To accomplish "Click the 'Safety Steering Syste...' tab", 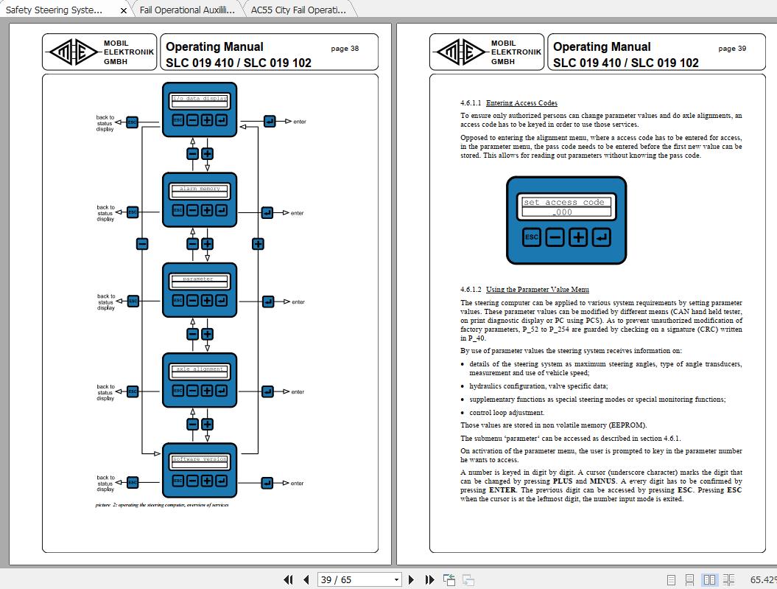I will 55,10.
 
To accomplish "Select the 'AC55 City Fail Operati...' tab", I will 298,10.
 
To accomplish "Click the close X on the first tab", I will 123,11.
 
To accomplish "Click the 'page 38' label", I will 345,49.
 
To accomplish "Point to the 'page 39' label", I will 732,49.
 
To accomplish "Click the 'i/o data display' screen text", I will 200,98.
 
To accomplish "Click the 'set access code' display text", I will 563,202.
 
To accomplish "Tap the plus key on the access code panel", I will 579,237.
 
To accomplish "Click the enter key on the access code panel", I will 602,237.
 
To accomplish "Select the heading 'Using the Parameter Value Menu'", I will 537,290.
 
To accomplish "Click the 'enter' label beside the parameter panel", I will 298,302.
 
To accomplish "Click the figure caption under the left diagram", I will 161,505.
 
